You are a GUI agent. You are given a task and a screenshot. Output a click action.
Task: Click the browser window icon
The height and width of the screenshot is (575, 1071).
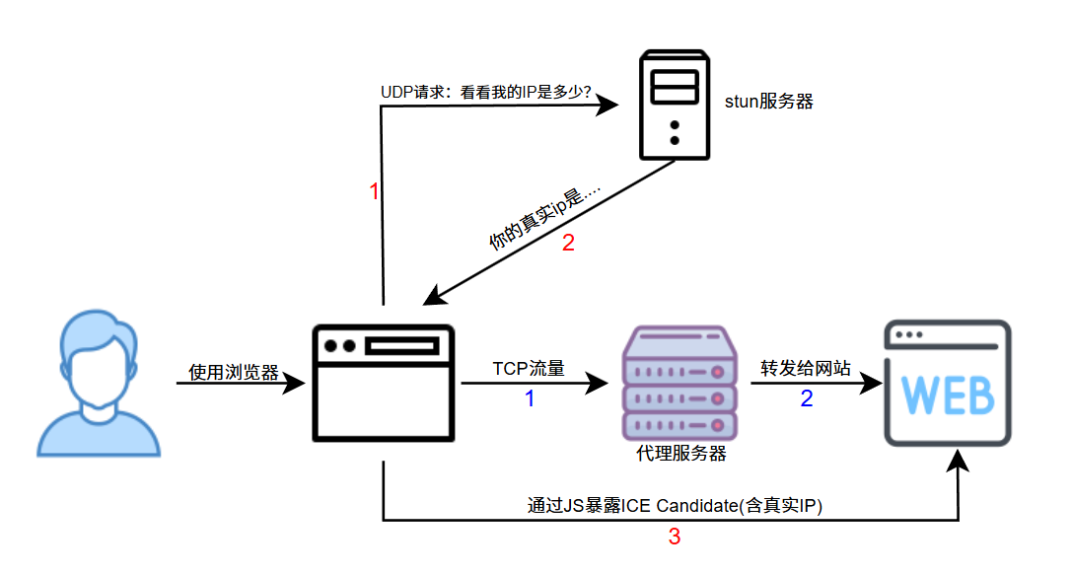(x=383, y=383)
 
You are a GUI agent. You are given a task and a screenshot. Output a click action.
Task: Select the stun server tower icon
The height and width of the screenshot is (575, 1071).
(x=675, y=106)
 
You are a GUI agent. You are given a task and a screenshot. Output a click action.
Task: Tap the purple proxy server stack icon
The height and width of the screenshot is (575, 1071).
(x=680, y=383)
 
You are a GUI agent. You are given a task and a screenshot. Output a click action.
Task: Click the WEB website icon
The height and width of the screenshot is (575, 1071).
(x=948, y=383)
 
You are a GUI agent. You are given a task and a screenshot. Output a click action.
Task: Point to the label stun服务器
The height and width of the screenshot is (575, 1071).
(x=769, y=101)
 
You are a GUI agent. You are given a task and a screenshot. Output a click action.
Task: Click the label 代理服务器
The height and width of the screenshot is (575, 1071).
(x=681, y=453)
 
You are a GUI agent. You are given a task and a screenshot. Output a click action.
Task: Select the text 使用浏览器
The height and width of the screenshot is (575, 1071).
(x=234, y=373)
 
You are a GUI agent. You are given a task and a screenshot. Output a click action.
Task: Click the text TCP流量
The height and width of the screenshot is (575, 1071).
(x=529, y=369)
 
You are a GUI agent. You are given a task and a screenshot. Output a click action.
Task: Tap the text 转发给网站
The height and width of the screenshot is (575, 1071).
(x=806, y=369)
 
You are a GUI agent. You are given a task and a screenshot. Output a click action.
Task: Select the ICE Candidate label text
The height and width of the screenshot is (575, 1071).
(x=676, y=506)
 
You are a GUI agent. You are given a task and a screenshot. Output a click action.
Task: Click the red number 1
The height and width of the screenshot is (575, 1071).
(x=374, y=192)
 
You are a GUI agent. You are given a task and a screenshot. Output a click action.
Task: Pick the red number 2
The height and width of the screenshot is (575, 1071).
(x=568, y=244)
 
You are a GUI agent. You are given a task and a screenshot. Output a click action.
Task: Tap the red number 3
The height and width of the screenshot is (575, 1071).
(x=675, y=538)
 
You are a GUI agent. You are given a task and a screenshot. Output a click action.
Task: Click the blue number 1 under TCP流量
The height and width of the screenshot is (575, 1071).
(x=529, y=399)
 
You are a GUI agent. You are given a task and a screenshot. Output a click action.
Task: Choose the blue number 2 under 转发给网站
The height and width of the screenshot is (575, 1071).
(x=807, y=399)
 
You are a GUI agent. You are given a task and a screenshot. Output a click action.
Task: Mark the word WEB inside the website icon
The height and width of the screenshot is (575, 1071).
(x=948, y=395)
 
